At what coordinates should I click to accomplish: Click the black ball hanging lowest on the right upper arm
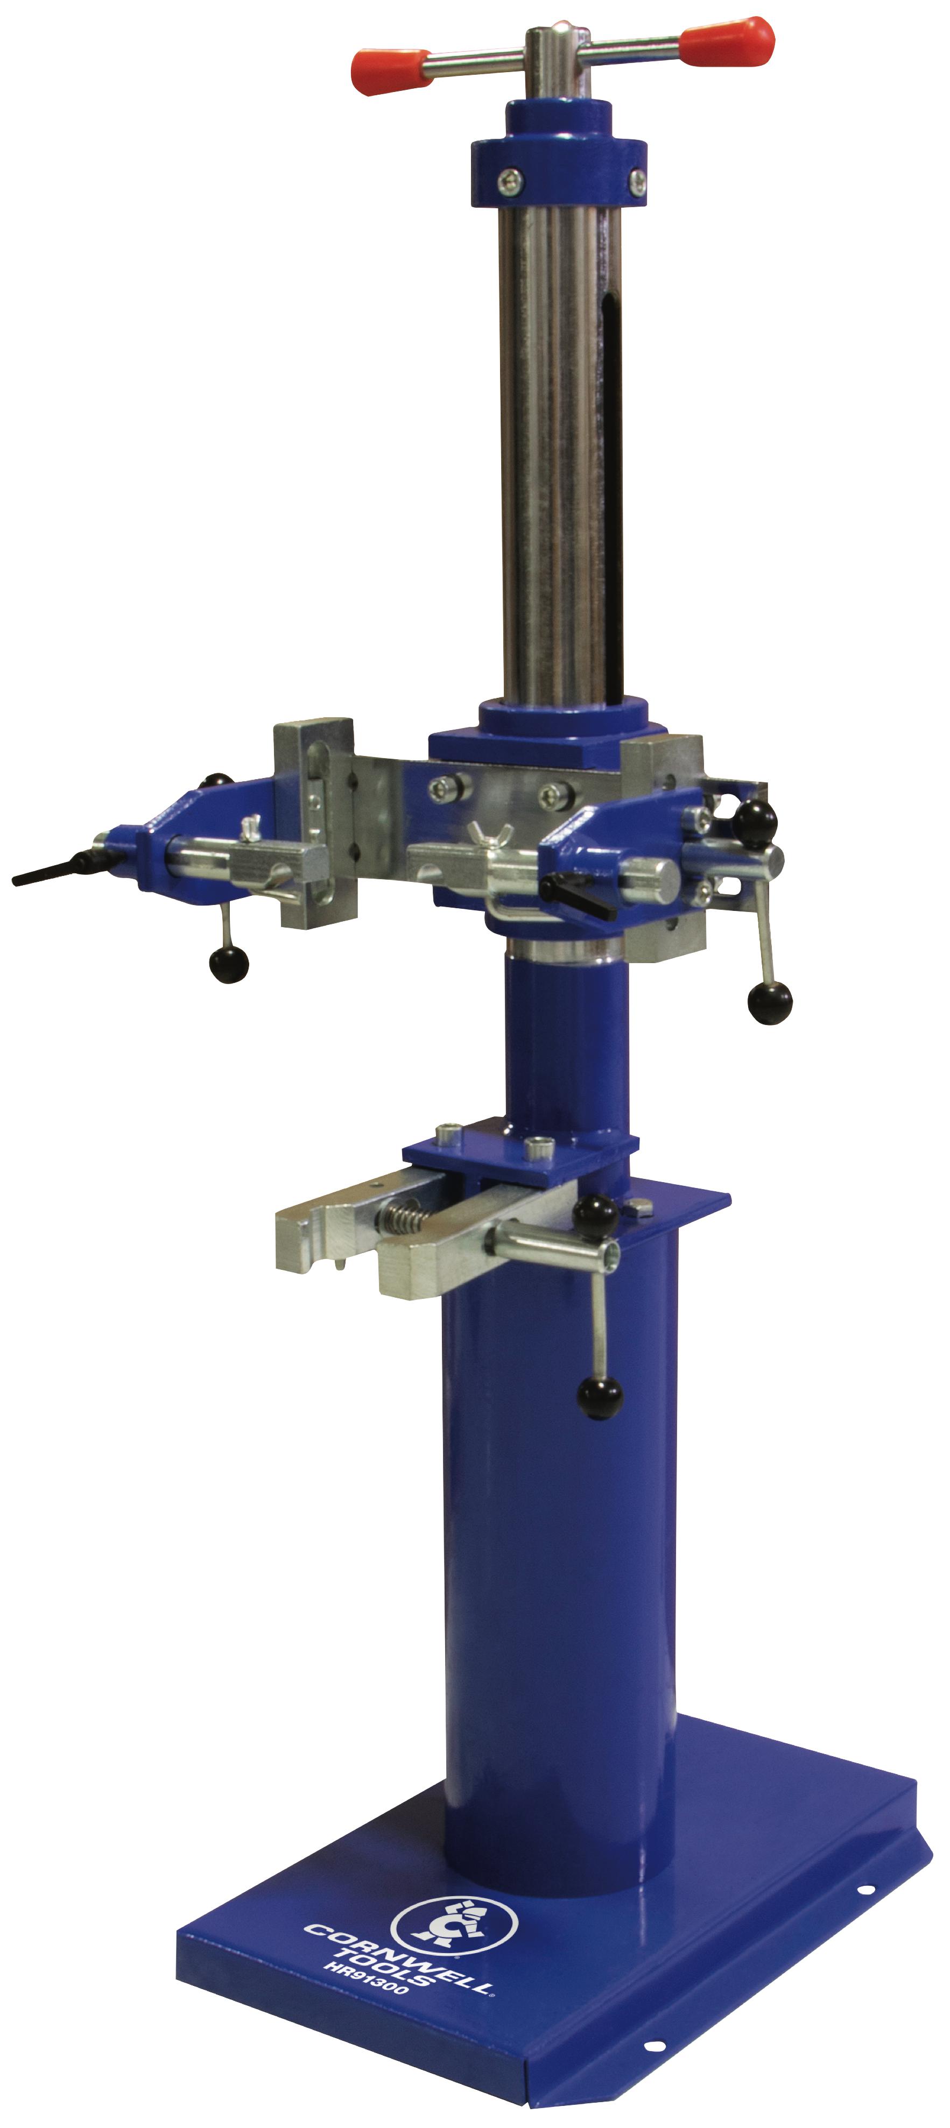[769, 1001]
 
